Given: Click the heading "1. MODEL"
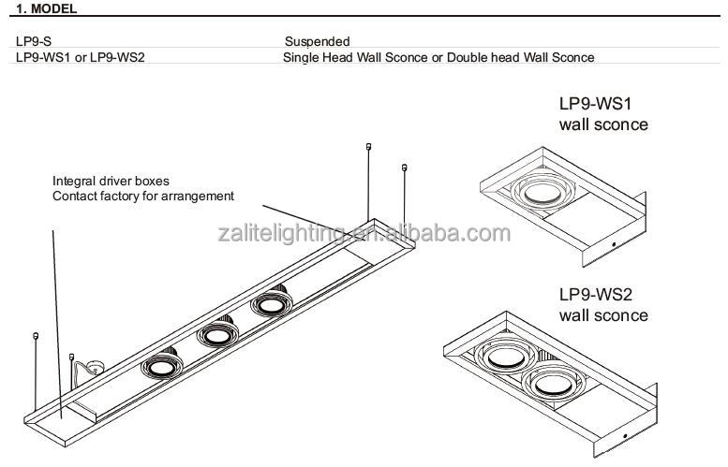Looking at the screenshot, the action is (46, 8).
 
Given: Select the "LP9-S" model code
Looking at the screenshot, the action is (34, 41).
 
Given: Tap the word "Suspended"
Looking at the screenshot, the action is (317, 41).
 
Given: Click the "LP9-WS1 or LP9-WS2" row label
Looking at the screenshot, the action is (81, 57).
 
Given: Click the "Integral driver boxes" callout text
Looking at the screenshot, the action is (111, 181).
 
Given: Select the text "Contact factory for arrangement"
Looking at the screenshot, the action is (143, 197).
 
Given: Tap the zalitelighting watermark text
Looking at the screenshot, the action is (364, 233).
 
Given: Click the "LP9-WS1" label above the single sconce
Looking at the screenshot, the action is (595, 104).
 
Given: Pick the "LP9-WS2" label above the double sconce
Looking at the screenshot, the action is (595, 295).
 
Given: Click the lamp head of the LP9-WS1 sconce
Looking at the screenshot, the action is (542, 190).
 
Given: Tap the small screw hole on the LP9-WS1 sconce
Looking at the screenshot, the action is (614, 244).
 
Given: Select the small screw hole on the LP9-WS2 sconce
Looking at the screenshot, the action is (625, 436).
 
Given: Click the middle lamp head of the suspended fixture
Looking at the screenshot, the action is (217, 334).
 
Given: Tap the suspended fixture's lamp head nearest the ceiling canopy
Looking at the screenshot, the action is (162, 364).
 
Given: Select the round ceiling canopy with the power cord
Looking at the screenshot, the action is (97, 368).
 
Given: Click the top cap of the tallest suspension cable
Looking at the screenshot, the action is (368, 147).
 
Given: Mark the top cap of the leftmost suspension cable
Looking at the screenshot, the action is (36, 336).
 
